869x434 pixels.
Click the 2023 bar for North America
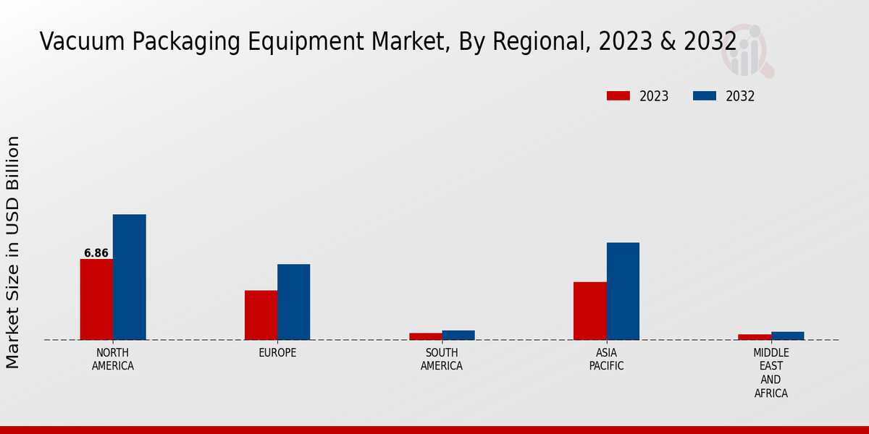96,299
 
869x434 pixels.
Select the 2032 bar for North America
129,277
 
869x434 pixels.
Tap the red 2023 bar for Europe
261,315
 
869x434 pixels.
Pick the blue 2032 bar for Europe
293,302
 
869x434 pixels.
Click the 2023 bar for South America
425,336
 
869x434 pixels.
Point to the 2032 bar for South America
458,335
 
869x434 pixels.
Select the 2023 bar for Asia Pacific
589,311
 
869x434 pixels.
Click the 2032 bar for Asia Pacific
623,291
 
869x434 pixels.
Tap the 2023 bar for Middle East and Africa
755,337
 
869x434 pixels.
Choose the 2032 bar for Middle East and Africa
787,336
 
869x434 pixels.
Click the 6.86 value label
96,253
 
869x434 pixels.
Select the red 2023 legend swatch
618,96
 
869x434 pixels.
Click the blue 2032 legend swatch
705,96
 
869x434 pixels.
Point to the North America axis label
113,359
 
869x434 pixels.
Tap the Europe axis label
277,353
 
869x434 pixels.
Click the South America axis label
442,359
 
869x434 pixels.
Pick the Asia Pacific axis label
606,359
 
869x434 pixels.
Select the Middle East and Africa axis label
771,373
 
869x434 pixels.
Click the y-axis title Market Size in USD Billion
13,252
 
